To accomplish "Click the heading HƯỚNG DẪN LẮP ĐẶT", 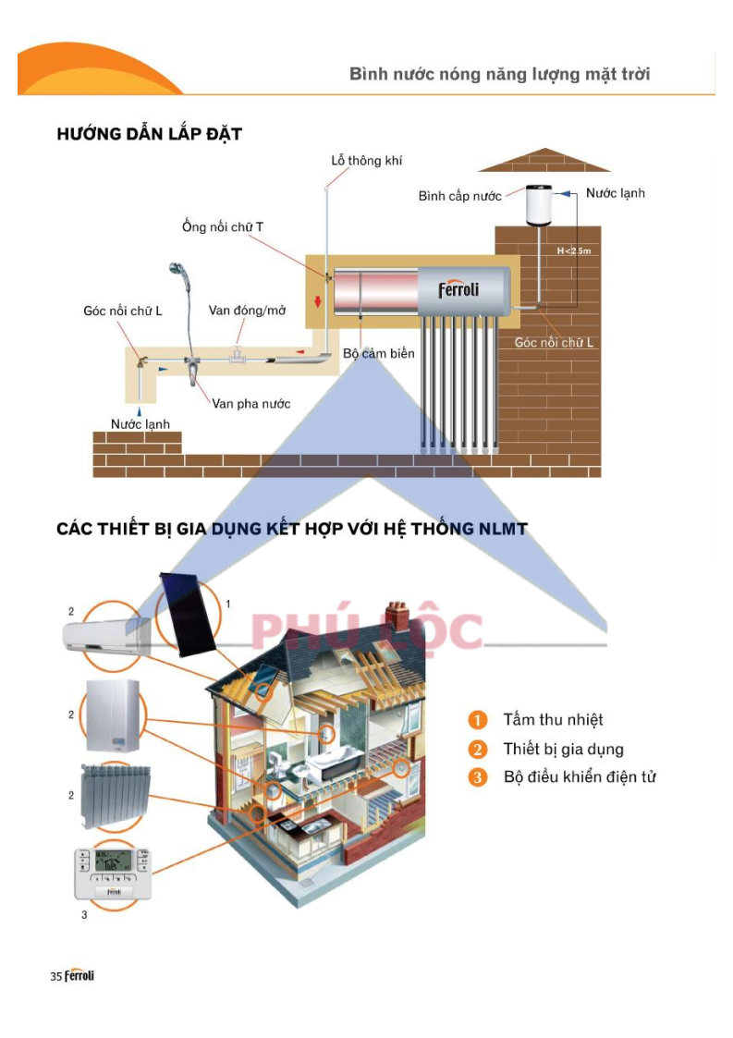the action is click(x=149, y=134).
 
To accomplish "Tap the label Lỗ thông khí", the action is click(x=366, y=160).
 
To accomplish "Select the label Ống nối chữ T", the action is click(x=223, y=226).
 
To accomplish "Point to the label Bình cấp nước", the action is click(x=459, y=196).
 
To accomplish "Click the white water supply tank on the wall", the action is click(x=538, y=205).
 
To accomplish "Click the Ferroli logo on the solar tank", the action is click(x=458, y=289).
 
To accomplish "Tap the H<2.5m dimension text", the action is click(x=573, y=250).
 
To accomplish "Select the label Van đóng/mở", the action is click(x=247, y=310).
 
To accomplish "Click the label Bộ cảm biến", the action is click(x=379, y=353).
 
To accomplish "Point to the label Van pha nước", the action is click(x=250, y=403).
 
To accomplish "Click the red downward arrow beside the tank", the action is click(x=318, y=301).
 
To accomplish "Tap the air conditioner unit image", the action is click(x=106, y=636).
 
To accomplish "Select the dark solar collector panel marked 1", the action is click(x=189, y=615).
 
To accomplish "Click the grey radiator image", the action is click(x=116, y=797).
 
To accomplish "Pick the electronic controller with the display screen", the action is click(x=113, y=873).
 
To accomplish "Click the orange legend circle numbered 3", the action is click(x=477, y=777).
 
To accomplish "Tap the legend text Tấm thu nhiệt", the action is click(x=553, y=720).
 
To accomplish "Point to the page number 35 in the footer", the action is click(x=56, y=976).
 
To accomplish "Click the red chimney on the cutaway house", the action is click(x=397, y=616).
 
